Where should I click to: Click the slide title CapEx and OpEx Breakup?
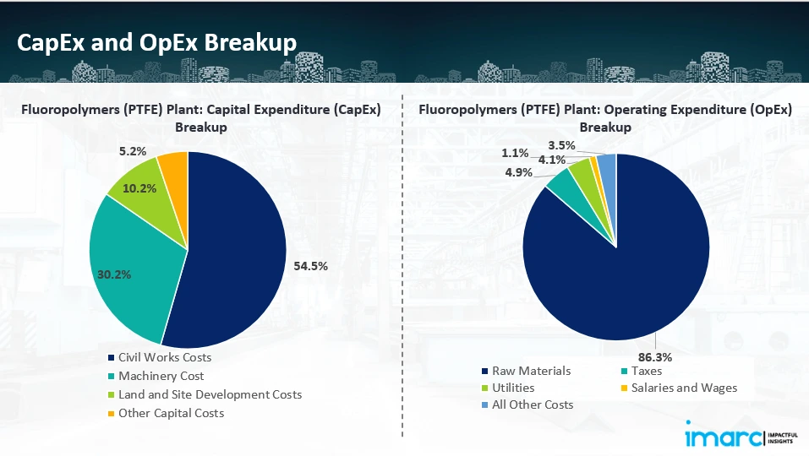pos(157,42)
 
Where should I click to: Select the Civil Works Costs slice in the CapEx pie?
pos(237,253)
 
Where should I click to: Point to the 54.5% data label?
pos(310,265)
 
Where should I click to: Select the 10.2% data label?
pos(139,188)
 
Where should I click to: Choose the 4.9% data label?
pos(519,172)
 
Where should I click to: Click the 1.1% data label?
pos(515,153)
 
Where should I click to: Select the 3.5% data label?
pos(561,145)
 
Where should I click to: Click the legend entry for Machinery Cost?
pos(161,376)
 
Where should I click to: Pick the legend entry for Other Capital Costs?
pos(171,413)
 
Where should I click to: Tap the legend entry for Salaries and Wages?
pos(682,388)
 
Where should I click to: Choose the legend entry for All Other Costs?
pos(532,404)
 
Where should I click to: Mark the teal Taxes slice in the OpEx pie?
pos(560,179)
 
